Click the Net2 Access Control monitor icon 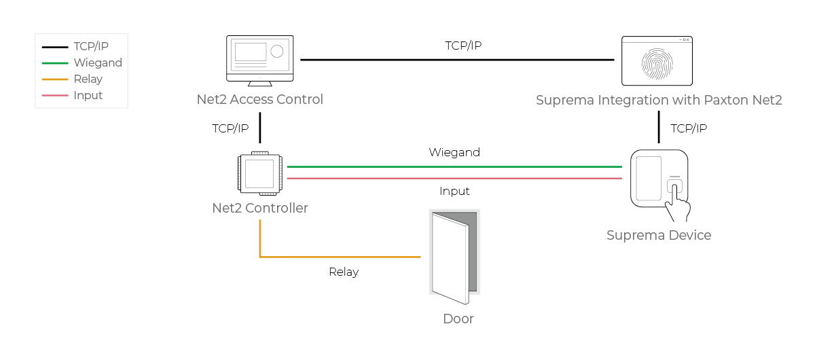(260, 60)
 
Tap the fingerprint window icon (657, 60)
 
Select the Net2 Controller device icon (260, 173)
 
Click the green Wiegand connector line (454, 166)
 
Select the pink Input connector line (454, 179)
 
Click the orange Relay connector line (340, 257)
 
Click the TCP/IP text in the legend (91, 47)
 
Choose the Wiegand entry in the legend (98, 63)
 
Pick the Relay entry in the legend (88, 79)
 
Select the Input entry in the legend (88, 96)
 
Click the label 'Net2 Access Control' (260, 100)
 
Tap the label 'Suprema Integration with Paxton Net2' (659, 101)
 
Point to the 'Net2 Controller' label (260, 208)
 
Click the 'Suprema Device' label (659, 235)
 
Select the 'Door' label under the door (458, 319)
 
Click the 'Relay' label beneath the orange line (344, 272)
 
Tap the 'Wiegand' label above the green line (454, 152)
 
